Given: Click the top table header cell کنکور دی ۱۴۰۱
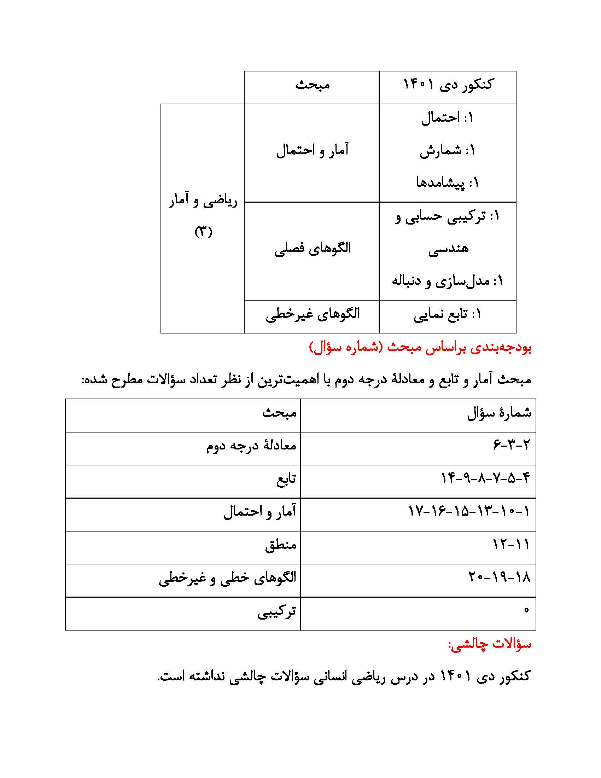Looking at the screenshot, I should [448, 85].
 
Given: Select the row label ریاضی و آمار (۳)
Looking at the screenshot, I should [203, 216].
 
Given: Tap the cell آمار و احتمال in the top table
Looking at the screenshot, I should [312, 150].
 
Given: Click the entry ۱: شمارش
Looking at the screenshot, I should [448, 150].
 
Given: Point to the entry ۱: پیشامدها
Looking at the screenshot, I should [448, 183].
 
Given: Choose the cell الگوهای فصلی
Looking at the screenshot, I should [312, 248].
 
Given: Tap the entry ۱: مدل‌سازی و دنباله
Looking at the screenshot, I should [448, 281].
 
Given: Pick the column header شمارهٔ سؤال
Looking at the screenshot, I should [499, 413].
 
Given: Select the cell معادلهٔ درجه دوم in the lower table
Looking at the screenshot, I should [251, 446].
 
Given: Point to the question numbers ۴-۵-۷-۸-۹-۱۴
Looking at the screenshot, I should [485, 478].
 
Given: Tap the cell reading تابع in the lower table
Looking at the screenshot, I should [286, 478].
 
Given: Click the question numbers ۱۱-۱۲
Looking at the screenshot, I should [511, 544].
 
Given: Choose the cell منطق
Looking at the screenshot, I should [281, 545].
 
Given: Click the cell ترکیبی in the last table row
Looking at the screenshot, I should [277, 611].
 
